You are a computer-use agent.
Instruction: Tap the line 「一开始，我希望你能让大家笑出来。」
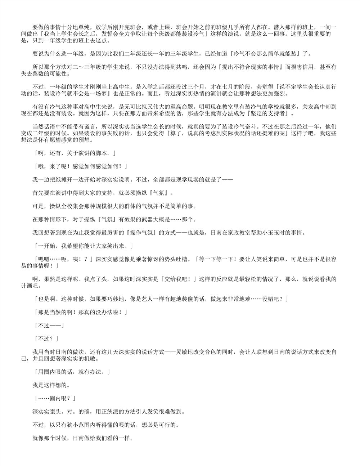(x=83, y=246)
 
